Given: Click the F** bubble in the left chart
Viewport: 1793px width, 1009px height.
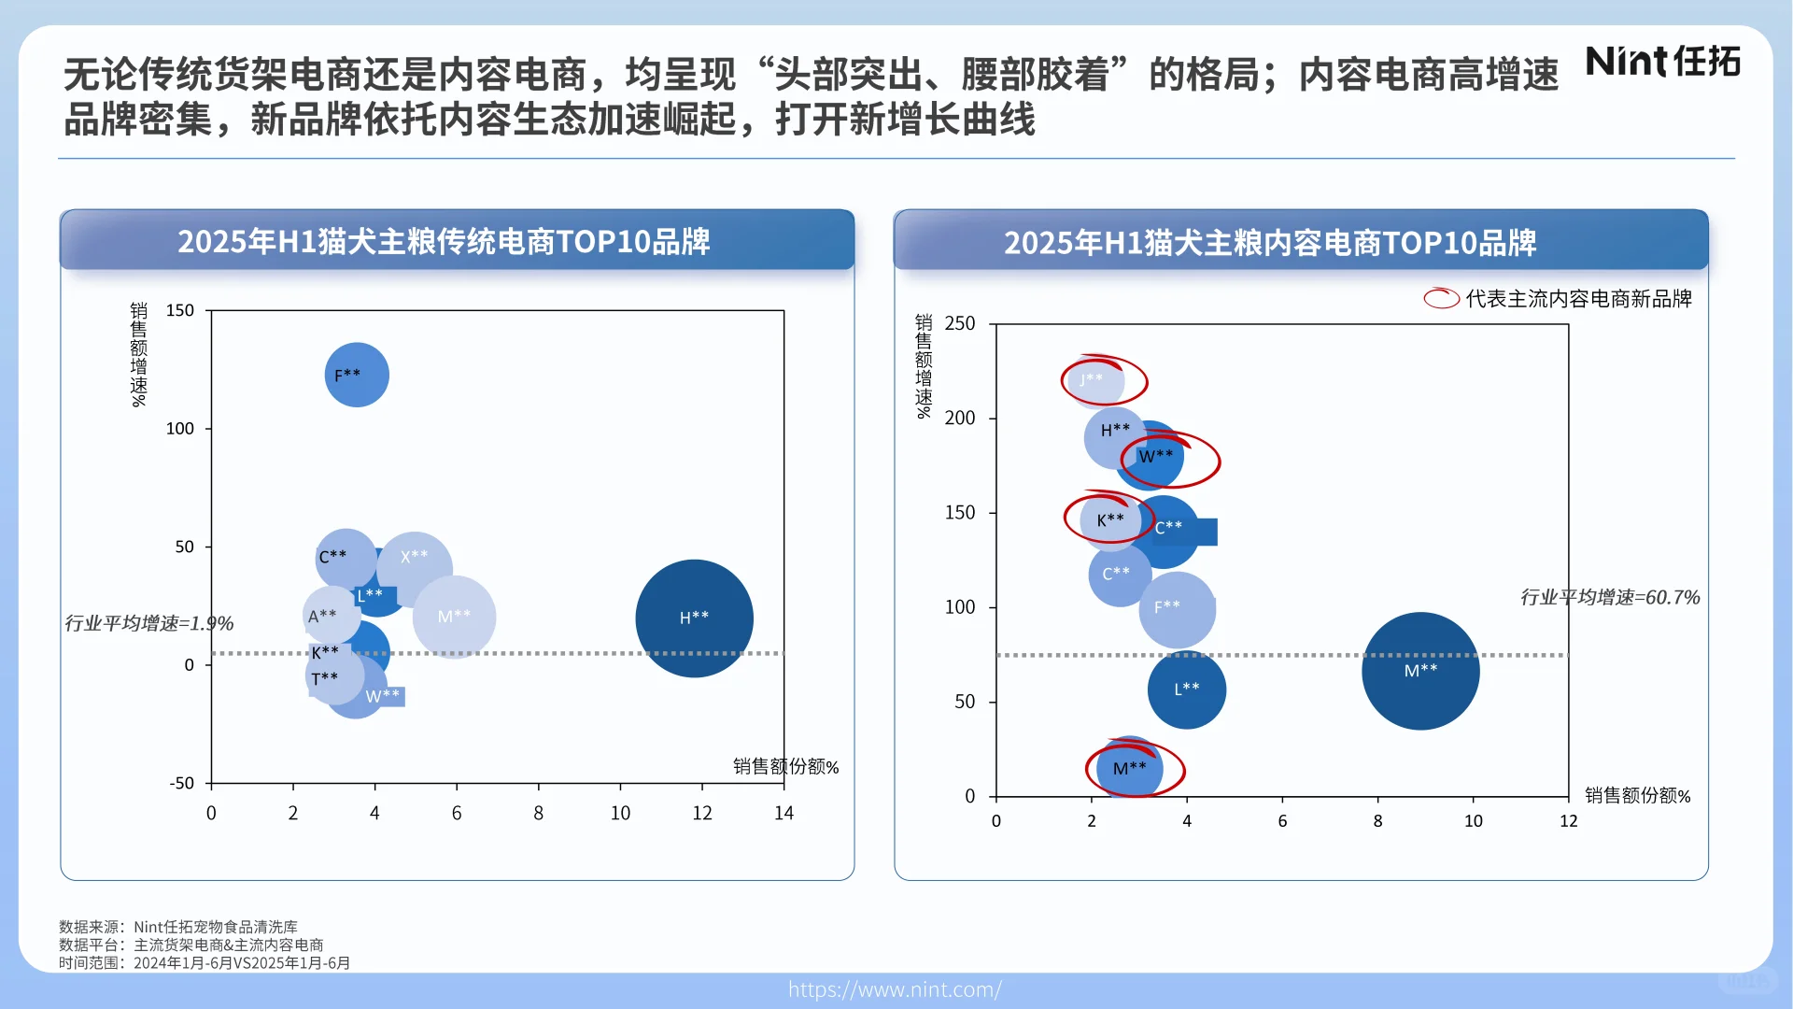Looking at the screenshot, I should [357, 375].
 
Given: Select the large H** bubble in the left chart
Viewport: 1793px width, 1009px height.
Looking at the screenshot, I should [694, 618].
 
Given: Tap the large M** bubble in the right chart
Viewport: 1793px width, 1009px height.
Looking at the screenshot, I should [1420, 670].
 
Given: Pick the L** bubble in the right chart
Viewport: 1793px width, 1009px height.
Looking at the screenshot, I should [1187, 689].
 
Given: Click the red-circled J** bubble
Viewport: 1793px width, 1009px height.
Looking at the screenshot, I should [1093, 380].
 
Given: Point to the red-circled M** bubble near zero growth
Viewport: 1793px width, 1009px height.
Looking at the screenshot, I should [1130, 768].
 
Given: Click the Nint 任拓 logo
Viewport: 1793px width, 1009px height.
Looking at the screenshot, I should [1662, 62].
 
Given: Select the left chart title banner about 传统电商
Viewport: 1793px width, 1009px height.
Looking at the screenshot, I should [457, 241].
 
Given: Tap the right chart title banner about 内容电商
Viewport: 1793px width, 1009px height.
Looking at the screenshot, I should [1300, 242].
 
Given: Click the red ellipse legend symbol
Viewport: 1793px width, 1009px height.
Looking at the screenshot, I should [1441, 299].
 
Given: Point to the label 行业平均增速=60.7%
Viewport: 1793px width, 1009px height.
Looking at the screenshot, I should [1609, 597].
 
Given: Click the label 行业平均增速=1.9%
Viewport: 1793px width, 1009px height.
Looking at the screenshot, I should [149, 623].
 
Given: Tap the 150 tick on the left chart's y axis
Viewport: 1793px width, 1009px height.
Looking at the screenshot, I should [179, 310].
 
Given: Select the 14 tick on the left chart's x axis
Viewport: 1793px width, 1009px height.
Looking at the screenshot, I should [784, 814].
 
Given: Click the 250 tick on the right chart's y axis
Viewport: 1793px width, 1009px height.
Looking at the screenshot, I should [959, 324].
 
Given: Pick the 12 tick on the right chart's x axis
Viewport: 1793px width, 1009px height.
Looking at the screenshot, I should [1568, 821].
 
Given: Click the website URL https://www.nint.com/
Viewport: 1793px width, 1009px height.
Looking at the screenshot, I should [895, 989].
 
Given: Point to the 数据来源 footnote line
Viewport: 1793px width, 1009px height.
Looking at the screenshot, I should [178, 927].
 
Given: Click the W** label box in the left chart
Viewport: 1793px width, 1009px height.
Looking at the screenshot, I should [384, 696].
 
